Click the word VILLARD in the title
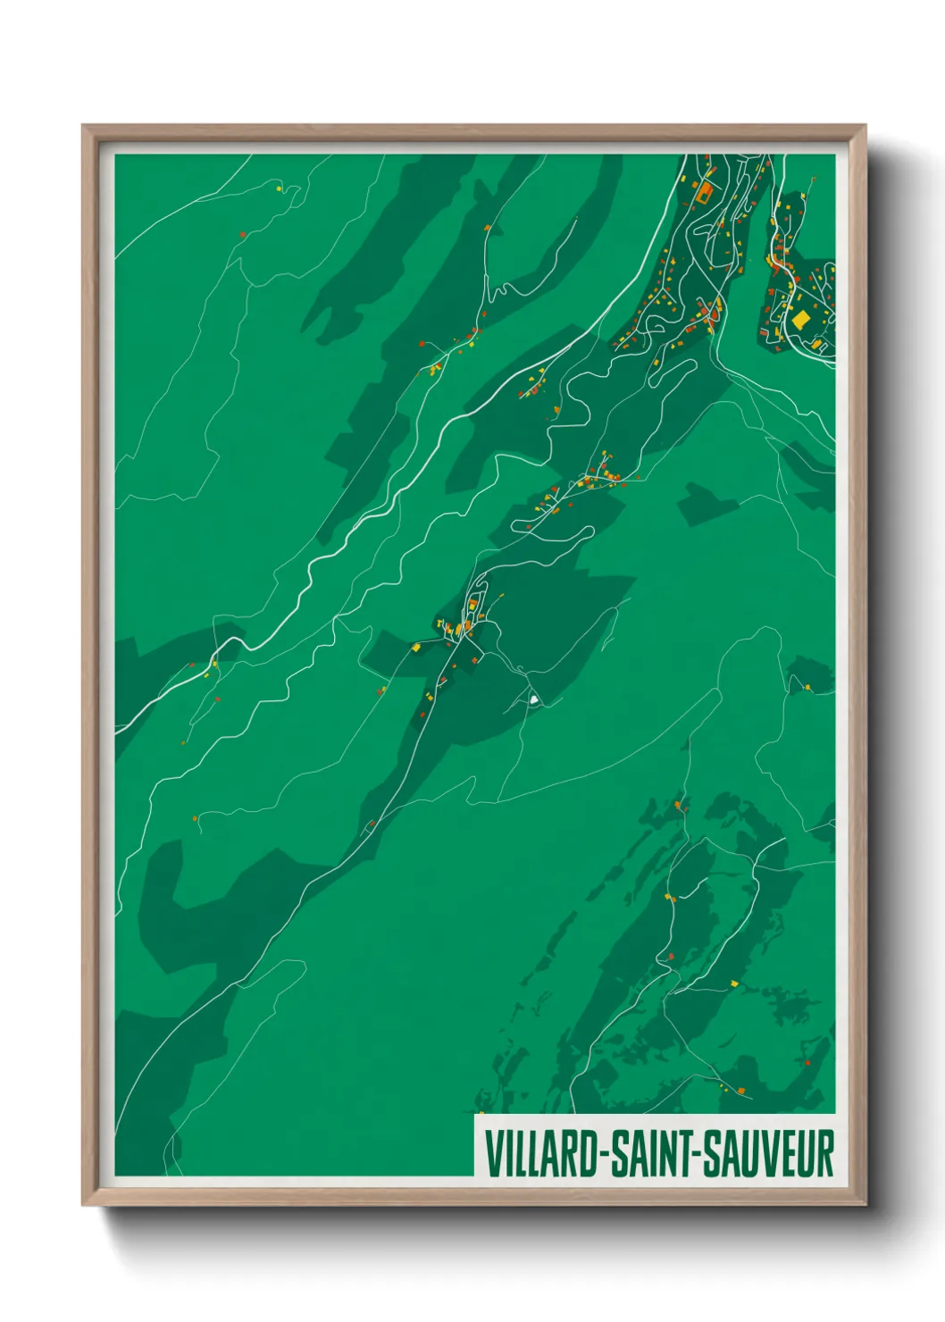542,1154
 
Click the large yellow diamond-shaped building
800,319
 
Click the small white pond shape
533,700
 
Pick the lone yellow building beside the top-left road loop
279,188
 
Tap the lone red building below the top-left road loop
242,234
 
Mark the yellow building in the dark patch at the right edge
807,687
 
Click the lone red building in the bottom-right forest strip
807,1063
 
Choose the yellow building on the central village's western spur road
416,647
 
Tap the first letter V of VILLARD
492,1154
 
